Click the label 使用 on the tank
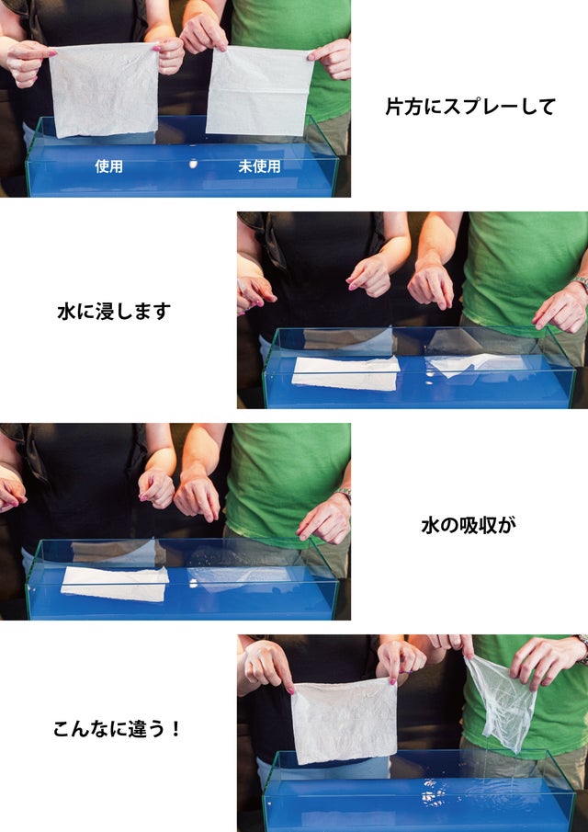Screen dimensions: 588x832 click(x=108, y=166)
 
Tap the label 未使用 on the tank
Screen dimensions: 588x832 click(x=259, y=166)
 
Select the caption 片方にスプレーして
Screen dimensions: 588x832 click(x=469, y=107)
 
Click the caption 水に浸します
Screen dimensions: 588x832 click(x=114, y=312)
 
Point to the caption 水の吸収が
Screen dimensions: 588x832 click(x=469, y=525)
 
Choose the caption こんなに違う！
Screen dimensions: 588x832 click(x=118, y=729)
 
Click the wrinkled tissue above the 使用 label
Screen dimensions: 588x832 click(x=105, y=89)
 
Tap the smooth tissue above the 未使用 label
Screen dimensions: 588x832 click(x=259, y=90)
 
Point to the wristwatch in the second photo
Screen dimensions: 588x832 click(x=582, y=283)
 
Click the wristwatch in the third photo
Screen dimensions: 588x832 click(x=345, y=495)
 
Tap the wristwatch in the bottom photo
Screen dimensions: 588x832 click(x=582, y=644)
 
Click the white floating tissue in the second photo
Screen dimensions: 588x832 click(x=345, y=373)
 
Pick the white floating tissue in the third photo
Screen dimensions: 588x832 click(x=115, y=583)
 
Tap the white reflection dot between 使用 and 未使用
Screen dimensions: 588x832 click(x=194, y=164)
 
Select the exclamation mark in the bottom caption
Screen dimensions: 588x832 click(x=176, y=729)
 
